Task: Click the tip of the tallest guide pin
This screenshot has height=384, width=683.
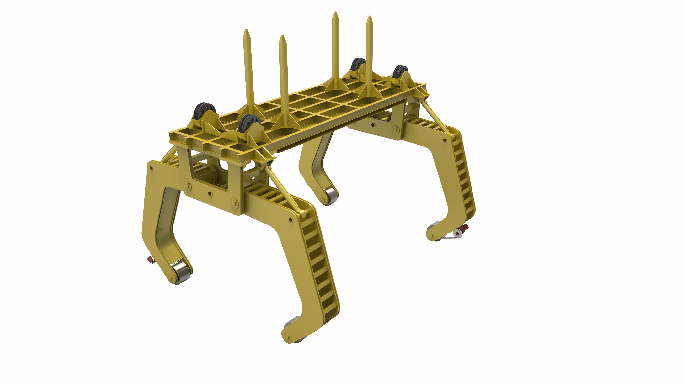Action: [x=335, y=13]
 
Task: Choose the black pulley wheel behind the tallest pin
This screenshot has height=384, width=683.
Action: [x=358, y=65]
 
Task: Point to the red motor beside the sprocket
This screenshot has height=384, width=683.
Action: [x=465, y=227]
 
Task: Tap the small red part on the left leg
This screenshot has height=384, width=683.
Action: [x=151, y=260]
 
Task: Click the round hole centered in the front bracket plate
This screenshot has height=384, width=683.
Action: [x=210, y=194]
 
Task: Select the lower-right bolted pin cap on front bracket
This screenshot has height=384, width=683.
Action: [x=234, y=202]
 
